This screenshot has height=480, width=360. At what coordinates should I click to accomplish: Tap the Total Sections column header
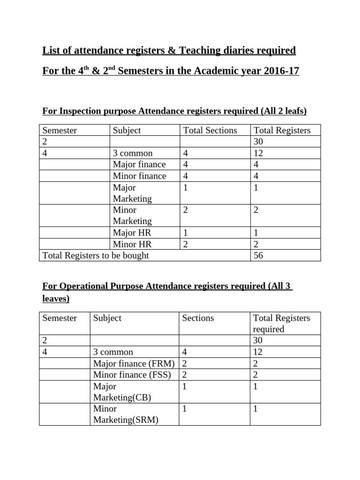tap(210, 130)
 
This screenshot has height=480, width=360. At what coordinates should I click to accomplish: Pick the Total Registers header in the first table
tap(282, 130)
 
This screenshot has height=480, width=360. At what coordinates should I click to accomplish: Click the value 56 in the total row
tap(258, 255)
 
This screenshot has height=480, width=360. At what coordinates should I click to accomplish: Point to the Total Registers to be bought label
tap(96, 255)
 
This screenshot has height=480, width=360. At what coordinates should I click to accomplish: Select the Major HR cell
tap(132, 232)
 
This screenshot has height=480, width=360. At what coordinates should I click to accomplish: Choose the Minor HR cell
tap(132, 244)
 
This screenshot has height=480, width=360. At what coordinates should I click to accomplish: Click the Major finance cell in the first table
tap(139, 165)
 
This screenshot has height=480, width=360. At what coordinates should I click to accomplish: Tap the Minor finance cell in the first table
tap(139, 176)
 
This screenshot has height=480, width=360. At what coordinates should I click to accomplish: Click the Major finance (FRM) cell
tap(134, 363)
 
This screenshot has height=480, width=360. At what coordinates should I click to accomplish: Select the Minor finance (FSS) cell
tap(132, 375)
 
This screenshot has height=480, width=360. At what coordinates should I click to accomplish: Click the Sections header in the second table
tap(198, 318)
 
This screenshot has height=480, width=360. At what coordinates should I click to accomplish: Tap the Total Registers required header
tap(281, 323)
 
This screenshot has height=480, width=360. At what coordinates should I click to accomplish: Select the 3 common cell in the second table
tap(113, 352)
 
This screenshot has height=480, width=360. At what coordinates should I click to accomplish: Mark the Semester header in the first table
tap(60, 130)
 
